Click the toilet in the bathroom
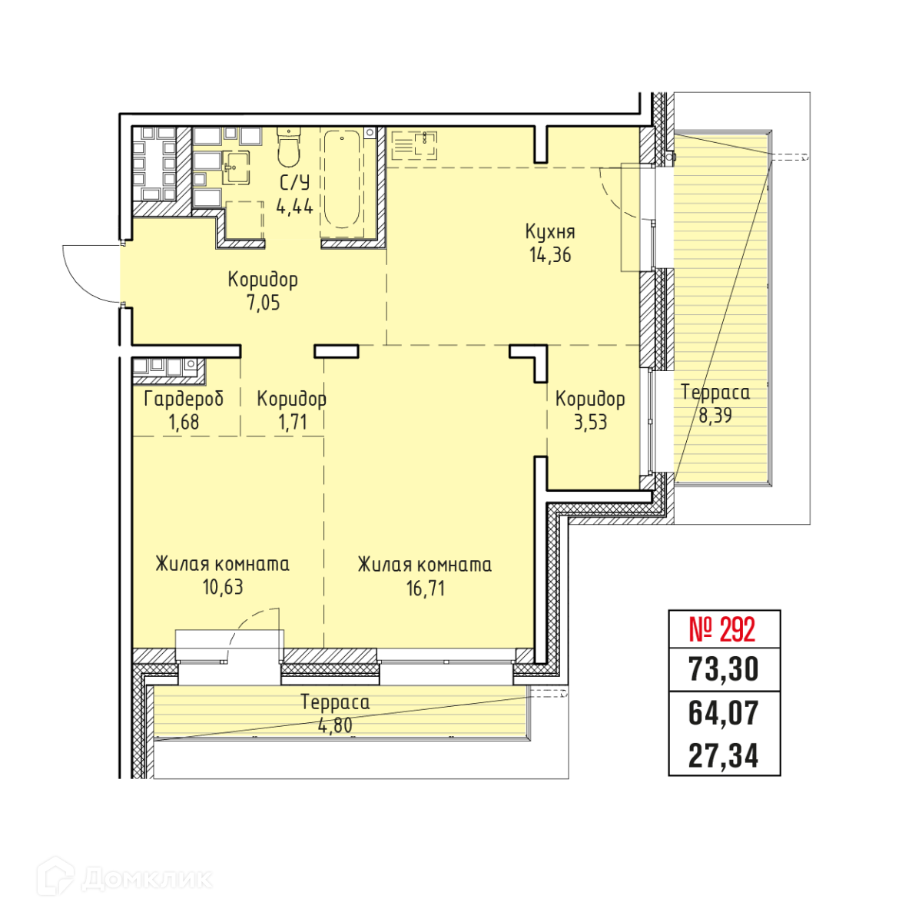pyautogui.click(x=288, y=147)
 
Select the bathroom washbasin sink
pyautogui.click(x=236, y=167)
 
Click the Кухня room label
pyautogui.click(x=550, y=231)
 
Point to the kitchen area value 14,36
pyautogui.click(x=550, y=254)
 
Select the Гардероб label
pyautogui.click(x=184, y=399)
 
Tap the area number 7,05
pyautogui.click(x=263, y=303)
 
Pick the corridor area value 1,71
pyautogui.click(x=292, y=422)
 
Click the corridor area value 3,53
pyautogui.click(x=590, y=422)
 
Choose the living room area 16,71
pyautogui.click(x=426, y=589)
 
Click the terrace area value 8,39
pyautogui.click(x=715, y=416)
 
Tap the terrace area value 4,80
pyautogui.click(x=335, y=725)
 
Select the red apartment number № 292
pyautogui.click(x=722, y=630)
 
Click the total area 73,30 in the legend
pyautogui.click(x=723, y=669)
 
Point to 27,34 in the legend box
pyautogui.click(x=723, y=757)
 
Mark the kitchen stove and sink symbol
pyautogui.click(x=414, y=145)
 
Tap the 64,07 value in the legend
pyautogui.click(x=723, y=713)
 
